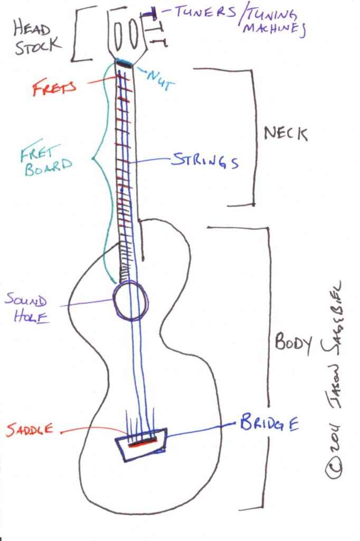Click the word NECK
(286, 134)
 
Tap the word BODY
(293, 342)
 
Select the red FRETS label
(54, 87)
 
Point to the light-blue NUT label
(160, 79)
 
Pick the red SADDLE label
(30, 430)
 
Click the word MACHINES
(274, 29)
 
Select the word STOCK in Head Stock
(38, 46)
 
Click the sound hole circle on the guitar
(114, 300)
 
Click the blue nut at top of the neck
(124, 62)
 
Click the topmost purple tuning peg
(149, 14)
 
